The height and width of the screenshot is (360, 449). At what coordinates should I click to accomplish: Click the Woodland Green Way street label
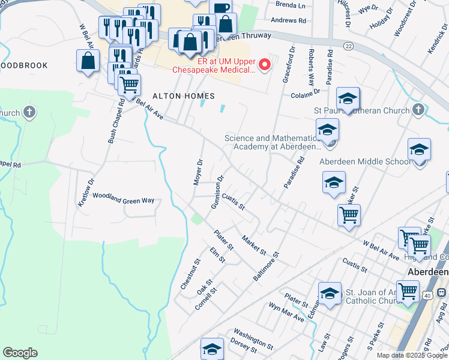tap(123, 199)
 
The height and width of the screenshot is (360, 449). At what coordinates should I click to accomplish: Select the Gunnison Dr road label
tap(217, 191)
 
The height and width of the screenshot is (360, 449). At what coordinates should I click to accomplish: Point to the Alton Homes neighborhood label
tap(175, 96)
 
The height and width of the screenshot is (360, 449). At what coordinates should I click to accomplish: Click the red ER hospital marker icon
tap(264, 64)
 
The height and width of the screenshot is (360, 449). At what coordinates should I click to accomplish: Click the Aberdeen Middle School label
tap(365, 161)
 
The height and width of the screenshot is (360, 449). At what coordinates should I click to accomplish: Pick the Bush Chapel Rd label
tap(116, 121)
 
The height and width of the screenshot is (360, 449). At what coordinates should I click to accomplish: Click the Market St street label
tap(254, 244)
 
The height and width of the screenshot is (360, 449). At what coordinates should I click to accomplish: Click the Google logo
tap(20, 353)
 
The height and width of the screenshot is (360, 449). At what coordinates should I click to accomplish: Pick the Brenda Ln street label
tap(291, 5)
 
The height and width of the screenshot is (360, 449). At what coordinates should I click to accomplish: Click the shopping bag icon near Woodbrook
tap(88, 61)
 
